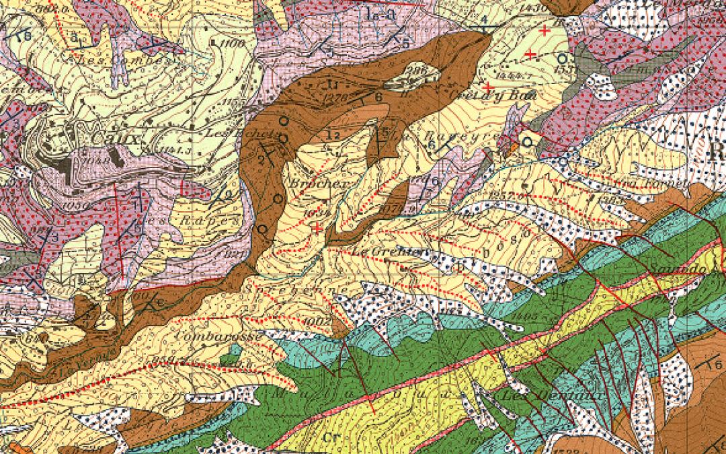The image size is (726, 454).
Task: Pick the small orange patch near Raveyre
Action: point(513,145)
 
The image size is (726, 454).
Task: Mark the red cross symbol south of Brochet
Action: point(317,229)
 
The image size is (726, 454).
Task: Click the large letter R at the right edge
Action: point(717,151)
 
